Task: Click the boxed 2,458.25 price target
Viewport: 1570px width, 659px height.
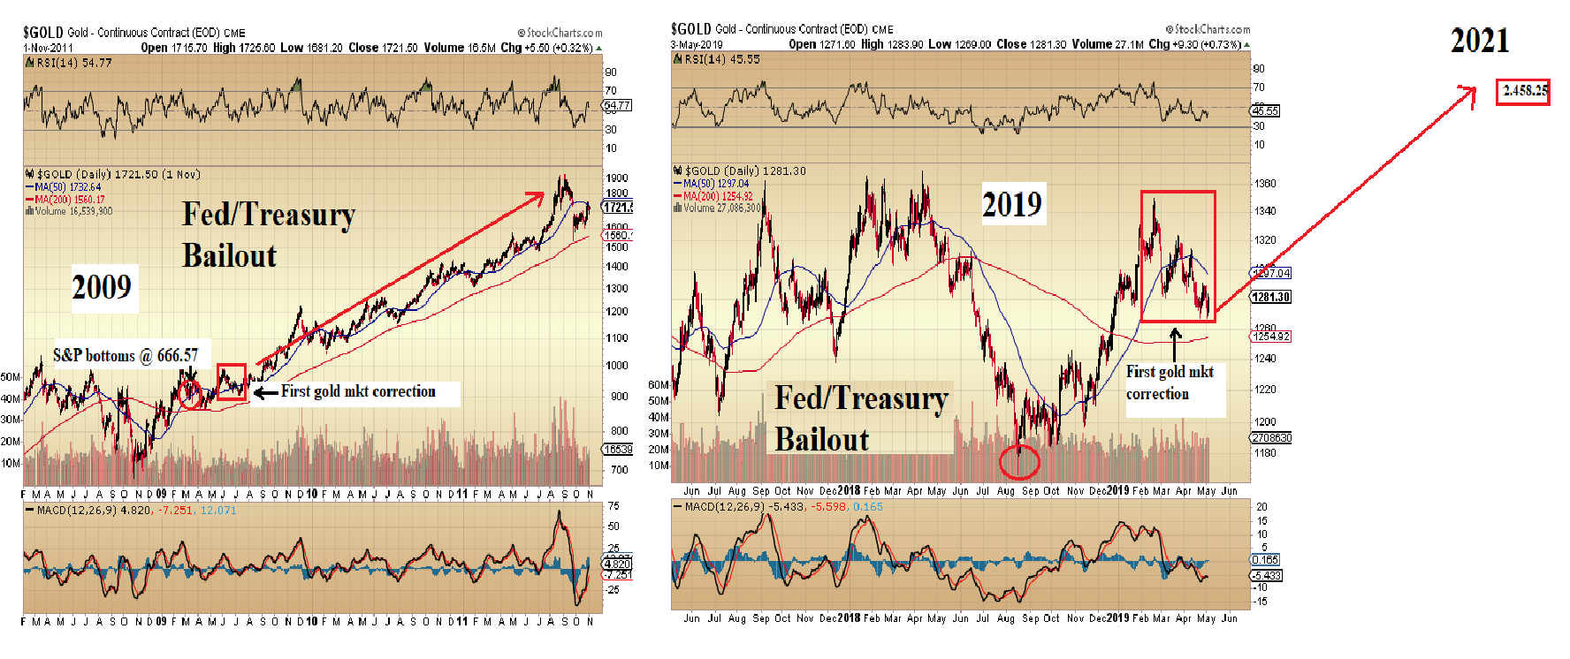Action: (x=1522, y=91)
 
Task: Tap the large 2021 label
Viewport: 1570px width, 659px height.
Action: (x=1479, y=41)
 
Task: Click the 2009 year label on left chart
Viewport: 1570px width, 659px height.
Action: (x=102, y=287)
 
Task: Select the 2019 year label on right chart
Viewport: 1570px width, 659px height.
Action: (x=1012, y=205)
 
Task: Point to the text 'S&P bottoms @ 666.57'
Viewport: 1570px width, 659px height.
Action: (x=126, y=355)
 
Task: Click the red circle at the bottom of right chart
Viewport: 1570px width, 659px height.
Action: (x=1018, y=460)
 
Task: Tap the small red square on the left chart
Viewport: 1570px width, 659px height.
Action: (x=232, y=382)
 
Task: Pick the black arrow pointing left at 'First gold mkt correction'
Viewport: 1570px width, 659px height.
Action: (x=265, y=392)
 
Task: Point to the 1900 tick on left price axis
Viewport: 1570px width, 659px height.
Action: (x=616, y=178)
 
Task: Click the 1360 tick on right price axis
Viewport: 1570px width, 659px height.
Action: (x=1265, y=184)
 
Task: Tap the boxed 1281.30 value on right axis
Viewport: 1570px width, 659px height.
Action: (x=1270, y=297)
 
